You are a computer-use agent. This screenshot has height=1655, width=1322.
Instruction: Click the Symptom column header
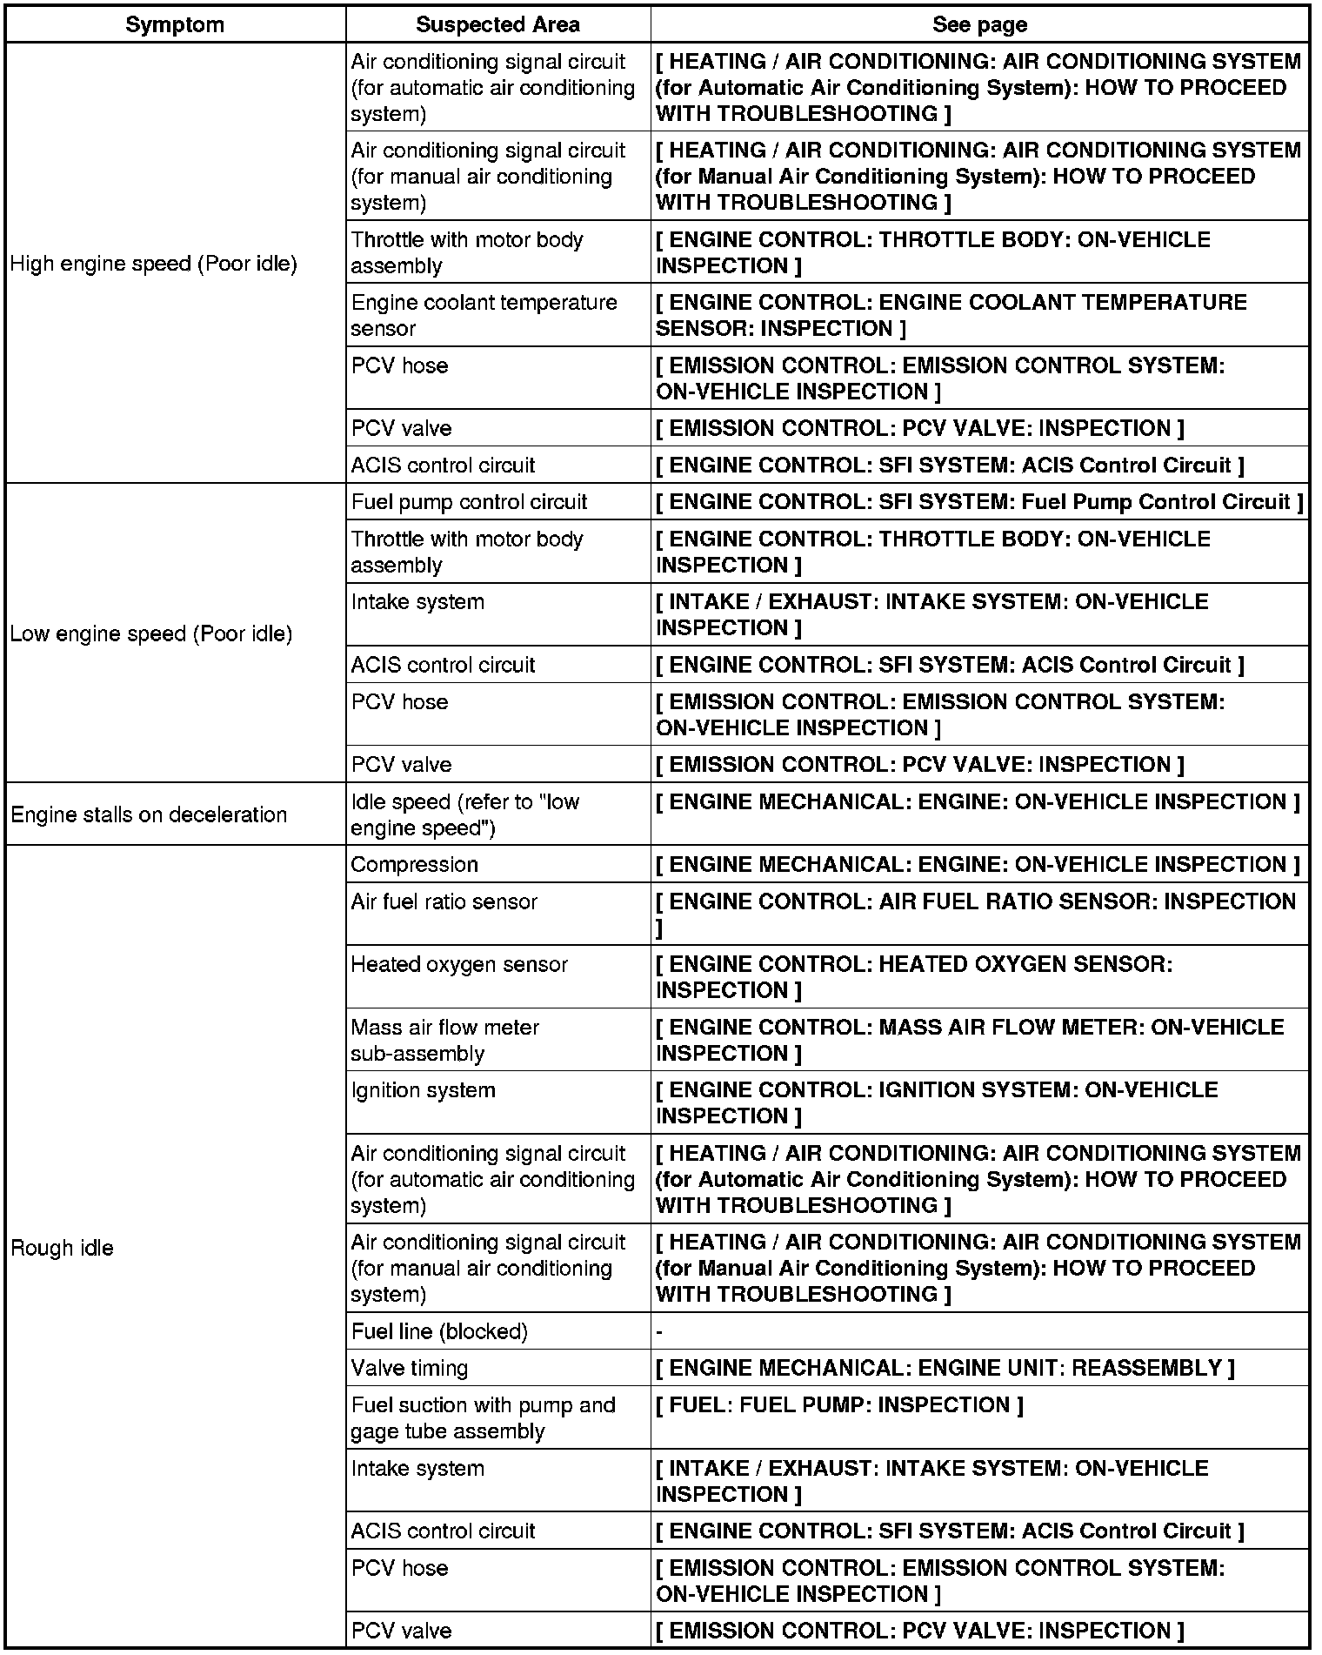(x=175, y=24)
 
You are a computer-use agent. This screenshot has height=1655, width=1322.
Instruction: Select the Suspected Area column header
(x=497, y=24)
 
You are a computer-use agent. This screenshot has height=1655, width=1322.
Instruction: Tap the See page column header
(x=979, y=24)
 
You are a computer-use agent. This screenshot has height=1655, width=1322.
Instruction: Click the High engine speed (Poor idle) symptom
(x=153, y=264)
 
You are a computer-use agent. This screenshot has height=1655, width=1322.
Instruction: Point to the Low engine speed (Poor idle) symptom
(x=151, y=633)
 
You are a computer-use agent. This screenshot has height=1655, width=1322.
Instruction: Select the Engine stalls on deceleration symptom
(x=149, y=814)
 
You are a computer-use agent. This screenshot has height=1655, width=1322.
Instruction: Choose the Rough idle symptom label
(x=62, y=1248)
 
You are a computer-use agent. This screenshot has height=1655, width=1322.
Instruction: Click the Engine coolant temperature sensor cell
(x=484, y=315)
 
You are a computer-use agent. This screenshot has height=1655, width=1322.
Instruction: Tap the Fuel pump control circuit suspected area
(x=469, y=502)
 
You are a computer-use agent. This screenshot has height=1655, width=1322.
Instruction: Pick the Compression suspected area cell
(x=415, y=864)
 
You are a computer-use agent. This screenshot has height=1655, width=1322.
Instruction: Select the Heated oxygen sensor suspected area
(x=459, y=964)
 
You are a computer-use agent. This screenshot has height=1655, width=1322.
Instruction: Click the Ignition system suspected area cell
(x=424, y=1090)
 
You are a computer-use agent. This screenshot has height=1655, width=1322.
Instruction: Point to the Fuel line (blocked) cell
(x=439, y=1331)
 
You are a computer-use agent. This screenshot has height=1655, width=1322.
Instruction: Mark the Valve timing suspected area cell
(x=410, y=1368)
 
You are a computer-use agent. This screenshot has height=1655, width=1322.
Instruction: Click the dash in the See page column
(x=659, y=1332)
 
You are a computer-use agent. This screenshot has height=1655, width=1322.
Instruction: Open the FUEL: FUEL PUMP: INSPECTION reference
(x=839, y=1405)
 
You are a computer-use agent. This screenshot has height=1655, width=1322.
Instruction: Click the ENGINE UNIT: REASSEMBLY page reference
(x=945, y=1368)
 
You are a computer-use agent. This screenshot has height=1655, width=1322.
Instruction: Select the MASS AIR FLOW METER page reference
(x=969, y=1040)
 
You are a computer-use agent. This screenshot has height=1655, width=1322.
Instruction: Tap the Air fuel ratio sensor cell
(x=444, y=901)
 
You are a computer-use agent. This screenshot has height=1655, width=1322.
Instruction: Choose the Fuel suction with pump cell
(x=483, y=1417)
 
